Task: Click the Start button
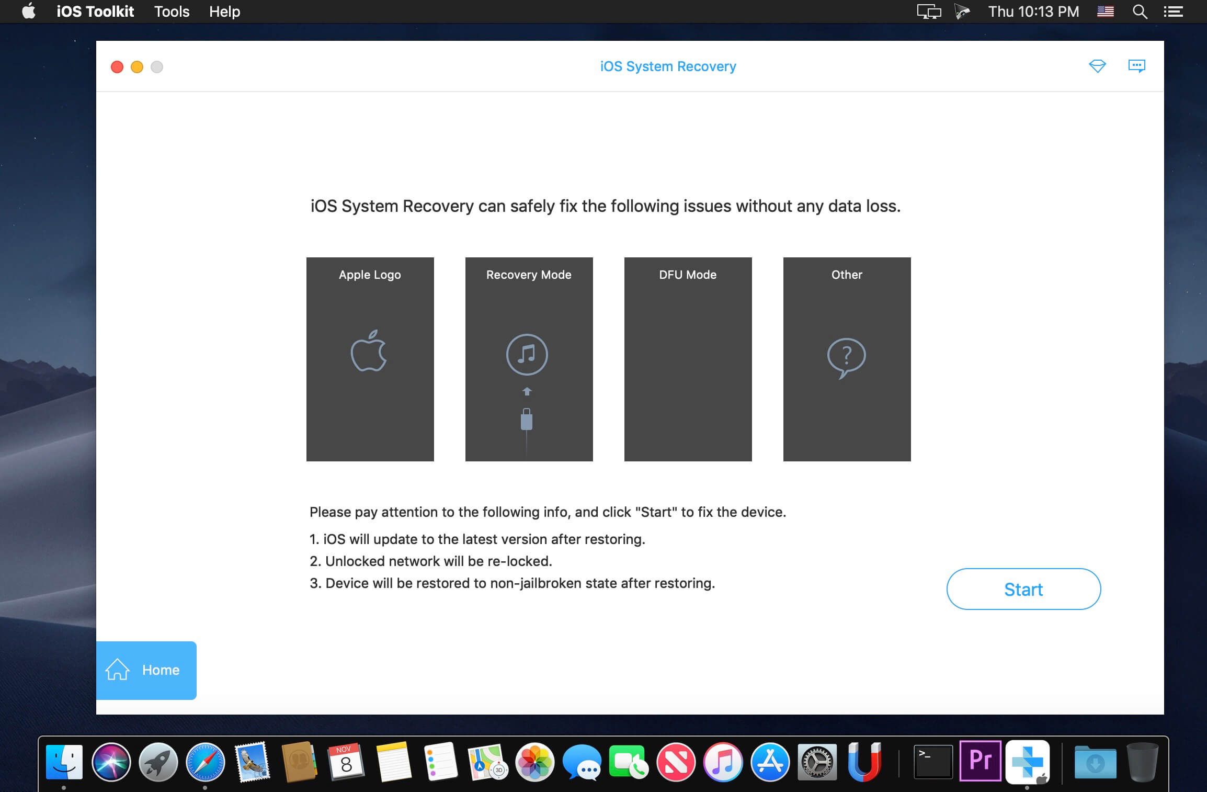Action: (x=1023, y=589)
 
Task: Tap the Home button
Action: (x=146, y=670)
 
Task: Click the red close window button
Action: (x=117, y=67)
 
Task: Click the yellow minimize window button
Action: (x=137, y=67)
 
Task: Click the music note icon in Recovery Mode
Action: (x=527, y=354)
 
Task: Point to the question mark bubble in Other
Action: (x=846, y=358)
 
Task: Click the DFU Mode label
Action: (x=688, y=275)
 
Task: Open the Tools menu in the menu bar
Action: (x=172, y=12)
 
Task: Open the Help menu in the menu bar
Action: (x=224, y=12)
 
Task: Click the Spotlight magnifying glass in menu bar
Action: (x=1140, y=12)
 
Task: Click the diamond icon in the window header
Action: (x=1097, y=66)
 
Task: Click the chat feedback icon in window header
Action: (x=1136, y=66)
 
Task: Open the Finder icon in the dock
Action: (x=64, y=762)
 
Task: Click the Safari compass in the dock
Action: (x=206, y=762)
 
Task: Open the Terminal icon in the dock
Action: (x=933, y=762)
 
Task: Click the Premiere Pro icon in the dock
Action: (x=980, y=761)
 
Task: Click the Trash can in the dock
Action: (x=1142, y=762)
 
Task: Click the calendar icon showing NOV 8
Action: (x=346, y=761)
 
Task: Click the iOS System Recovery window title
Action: (x=668, y=66)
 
